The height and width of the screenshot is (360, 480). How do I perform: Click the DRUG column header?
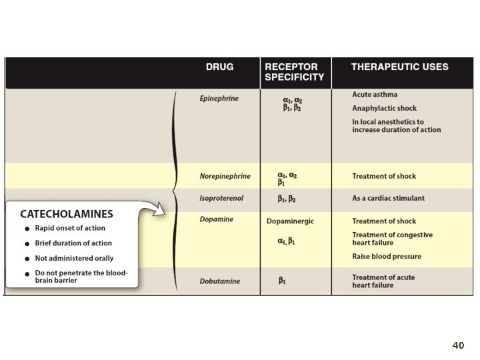219,67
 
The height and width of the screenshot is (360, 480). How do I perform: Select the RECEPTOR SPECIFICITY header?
294,72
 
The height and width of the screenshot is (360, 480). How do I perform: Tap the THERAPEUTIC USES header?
400,67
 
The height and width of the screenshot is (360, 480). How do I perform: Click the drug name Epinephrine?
219,99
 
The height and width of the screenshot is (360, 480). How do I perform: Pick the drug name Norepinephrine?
225,176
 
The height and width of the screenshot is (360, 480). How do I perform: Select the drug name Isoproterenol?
221,199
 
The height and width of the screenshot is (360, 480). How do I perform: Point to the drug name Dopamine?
217,219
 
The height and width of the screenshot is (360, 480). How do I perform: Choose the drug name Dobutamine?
220,281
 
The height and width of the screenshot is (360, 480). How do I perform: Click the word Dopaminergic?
290,221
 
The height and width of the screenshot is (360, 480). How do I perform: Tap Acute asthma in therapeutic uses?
375,95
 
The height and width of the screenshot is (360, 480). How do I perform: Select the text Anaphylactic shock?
384,109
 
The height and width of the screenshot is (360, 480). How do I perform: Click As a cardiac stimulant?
388,199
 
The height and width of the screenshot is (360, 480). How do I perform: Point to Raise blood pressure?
387,257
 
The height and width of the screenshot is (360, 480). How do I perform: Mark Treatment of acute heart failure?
383,281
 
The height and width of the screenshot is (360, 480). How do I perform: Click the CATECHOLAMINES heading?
67,214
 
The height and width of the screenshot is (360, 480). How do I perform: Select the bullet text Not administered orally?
74,259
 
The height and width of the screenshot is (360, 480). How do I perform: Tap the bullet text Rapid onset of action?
70,228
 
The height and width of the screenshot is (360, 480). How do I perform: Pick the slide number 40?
458,345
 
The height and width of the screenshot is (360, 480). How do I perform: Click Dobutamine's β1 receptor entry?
282,281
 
